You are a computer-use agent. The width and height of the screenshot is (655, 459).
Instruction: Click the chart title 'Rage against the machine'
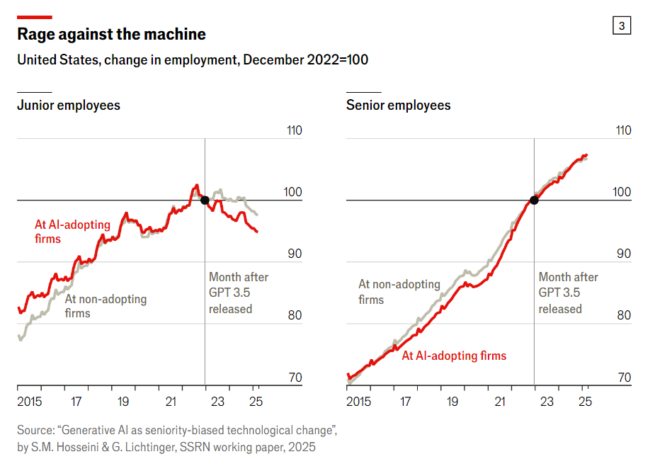[111, 34]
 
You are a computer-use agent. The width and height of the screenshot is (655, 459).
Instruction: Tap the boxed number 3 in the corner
[621, 26]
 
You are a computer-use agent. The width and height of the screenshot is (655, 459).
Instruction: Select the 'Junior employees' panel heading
[69, 106]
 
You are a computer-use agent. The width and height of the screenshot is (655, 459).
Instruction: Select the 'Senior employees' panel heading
[398, 106]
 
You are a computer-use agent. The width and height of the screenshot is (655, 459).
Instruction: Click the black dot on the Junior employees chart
[205, 200]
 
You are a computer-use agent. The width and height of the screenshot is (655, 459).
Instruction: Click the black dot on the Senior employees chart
[534, 200]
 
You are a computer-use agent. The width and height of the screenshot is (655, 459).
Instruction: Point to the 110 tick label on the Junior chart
[292, 131]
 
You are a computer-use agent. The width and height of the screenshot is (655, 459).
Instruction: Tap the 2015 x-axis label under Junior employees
[30, 402]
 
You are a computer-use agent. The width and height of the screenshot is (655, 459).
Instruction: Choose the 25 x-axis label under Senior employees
[585, 402]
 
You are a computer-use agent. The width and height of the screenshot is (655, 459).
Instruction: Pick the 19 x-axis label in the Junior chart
[123, 402]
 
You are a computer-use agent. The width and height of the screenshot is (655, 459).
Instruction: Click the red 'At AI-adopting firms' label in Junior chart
[72, 232]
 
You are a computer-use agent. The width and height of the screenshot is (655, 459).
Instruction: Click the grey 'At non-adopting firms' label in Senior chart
[399, 292]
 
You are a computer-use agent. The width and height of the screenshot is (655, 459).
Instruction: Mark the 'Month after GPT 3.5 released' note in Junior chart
[239, 293]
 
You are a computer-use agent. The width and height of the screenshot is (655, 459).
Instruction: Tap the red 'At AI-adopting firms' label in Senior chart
[454, 356]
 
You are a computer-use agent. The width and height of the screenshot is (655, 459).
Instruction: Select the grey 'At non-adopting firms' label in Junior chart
[106, 306]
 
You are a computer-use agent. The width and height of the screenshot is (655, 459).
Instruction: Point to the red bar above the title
[34, 16]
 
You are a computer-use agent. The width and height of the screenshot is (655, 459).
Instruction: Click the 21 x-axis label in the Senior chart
[500, 402]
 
